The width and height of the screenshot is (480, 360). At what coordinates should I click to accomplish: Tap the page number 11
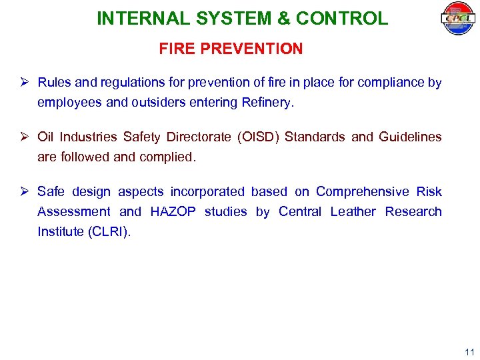[469, 352]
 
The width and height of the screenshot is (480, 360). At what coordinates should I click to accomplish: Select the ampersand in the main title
[283, 19]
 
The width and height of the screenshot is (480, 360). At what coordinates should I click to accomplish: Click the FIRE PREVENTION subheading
[231, 49]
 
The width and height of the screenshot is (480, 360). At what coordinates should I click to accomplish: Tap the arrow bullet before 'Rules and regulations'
[25, 83]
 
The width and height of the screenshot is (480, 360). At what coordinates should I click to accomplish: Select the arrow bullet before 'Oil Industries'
[25, 137]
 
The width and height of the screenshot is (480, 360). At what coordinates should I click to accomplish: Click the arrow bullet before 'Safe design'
[25, 192]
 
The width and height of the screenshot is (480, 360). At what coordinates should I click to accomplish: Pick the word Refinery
[267, 103]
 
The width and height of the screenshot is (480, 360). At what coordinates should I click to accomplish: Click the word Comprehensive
[363, 192]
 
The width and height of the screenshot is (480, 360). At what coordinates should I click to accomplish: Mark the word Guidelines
[410, 137]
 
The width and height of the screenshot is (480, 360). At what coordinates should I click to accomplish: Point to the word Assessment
[74, 212]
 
